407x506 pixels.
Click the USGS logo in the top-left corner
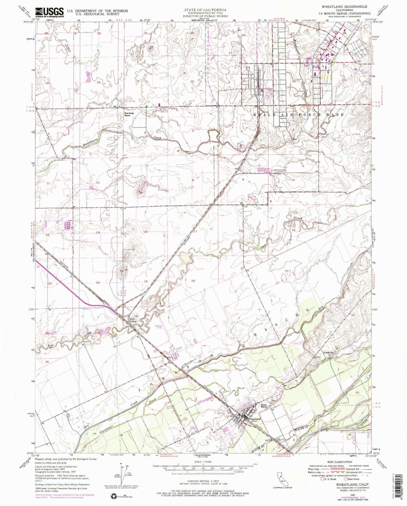(49, 12)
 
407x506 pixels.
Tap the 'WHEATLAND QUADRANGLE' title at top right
(348, 7)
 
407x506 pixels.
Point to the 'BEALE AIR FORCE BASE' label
(298, 115)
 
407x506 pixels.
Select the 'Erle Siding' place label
(133, 320)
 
